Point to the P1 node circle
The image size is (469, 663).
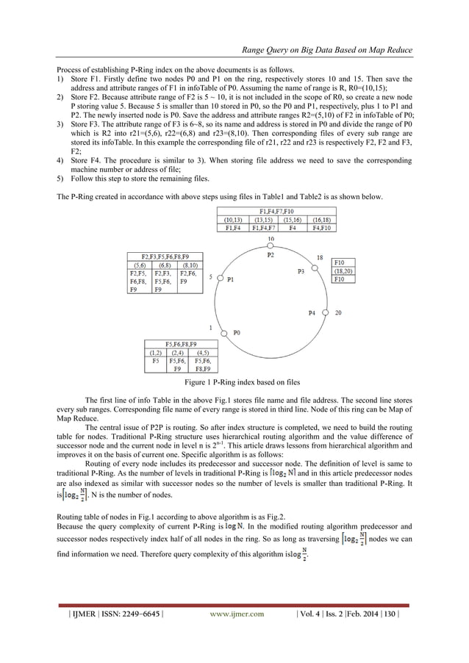click(x=219, y=279)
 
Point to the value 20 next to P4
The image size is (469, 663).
click(x=338, y=312)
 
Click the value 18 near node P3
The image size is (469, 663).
click(x=319, y=257)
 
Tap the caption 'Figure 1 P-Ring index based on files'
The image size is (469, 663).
click(x=234, y=383)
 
